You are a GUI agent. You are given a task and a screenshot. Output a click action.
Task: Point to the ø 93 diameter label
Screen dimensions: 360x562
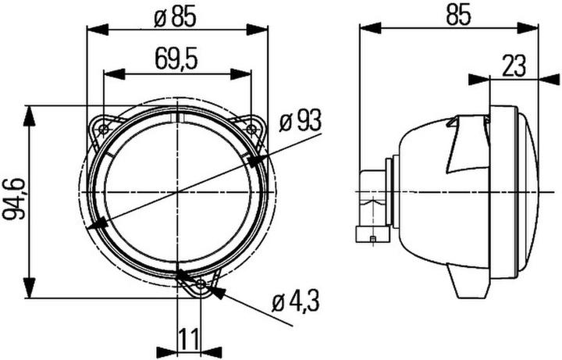pos(299,121)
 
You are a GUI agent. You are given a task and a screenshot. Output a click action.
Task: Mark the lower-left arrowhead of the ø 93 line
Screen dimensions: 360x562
pos(97,225)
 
